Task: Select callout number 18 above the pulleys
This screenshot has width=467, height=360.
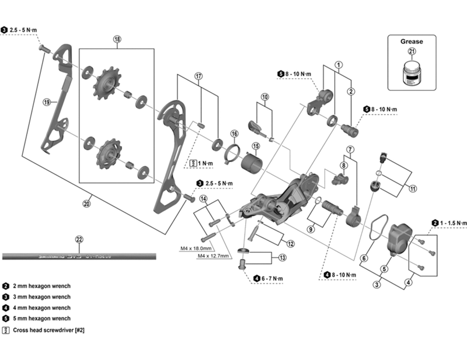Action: point(117,40)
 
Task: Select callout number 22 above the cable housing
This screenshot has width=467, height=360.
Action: point(80,239)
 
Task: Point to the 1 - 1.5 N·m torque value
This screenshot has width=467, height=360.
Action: point(454,223)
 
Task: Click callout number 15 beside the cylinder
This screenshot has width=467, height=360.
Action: point(255,146)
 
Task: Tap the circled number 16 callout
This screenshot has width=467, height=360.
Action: point(234,134)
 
